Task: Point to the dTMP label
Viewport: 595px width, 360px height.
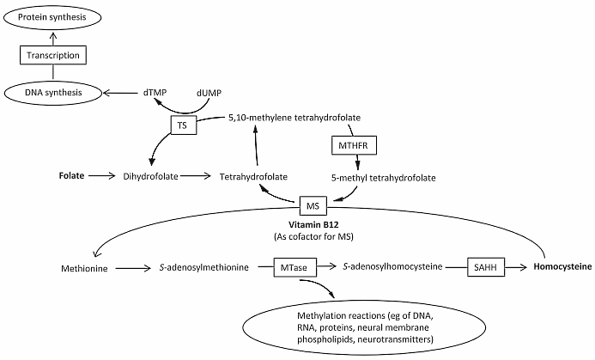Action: coord(159,91)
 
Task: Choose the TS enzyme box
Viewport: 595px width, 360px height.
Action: coord(182,125)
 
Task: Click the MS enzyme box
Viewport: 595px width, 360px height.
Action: coord(312,206)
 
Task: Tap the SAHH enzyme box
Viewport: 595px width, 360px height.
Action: coord(485,267)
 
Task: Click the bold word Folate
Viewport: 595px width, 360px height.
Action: coord(71,176)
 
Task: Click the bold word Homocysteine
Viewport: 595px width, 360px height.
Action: coord(562,267)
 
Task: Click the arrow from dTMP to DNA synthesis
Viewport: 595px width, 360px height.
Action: coord(122,91)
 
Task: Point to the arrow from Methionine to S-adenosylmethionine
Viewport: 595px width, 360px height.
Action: coord(131,268)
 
